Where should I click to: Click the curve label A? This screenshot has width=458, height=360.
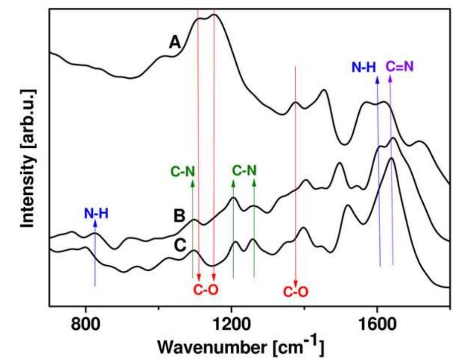pos(174,43)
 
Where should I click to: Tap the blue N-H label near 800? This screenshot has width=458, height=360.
pos(95,214)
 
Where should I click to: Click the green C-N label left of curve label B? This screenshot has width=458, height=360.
pos(183,172)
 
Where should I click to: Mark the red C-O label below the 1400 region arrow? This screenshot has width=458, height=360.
pos(296,292)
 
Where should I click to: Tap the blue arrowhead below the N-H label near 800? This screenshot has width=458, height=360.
pos(95,224)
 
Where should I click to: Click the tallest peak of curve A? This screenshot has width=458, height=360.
pos(214,14)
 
